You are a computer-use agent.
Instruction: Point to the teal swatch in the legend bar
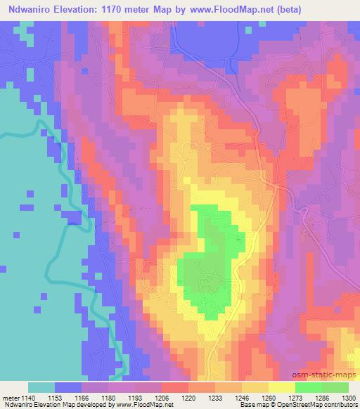point(41,387)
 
